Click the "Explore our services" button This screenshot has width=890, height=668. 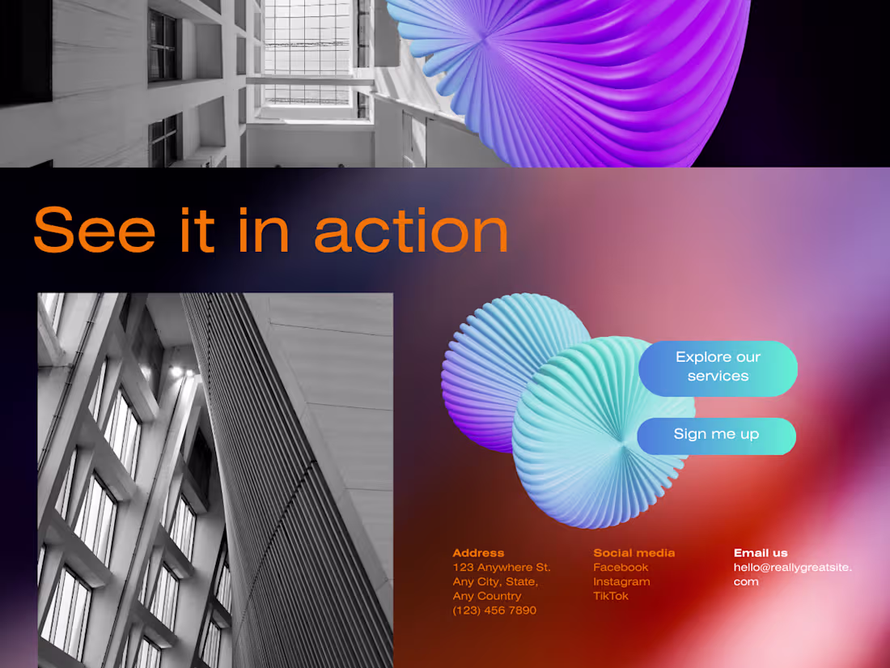[x=718, y=368]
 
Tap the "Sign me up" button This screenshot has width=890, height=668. [x=716, y=435]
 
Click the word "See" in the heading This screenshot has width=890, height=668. [x=94, y=231]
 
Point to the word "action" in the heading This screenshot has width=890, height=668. [x=411, y=231]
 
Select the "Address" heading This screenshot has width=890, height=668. [x=478, y=553]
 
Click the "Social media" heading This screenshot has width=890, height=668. [x=634, y=553]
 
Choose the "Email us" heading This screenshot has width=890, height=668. [x=761, y=553]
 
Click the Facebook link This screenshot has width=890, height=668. [x=621, y=568]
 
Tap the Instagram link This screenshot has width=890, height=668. [x=621, y=581]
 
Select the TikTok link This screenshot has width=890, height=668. [x=611, y=596]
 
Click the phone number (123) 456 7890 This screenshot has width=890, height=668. [x=494, y=611]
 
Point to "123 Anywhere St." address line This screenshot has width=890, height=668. [x=502, y=568]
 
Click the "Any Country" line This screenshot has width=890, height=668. [x=487, y=596]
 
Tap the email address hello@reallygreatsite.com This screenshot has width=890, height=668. [x=792, y=574]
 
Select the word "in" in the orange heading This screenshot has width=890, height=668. [x=264, y=231]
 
